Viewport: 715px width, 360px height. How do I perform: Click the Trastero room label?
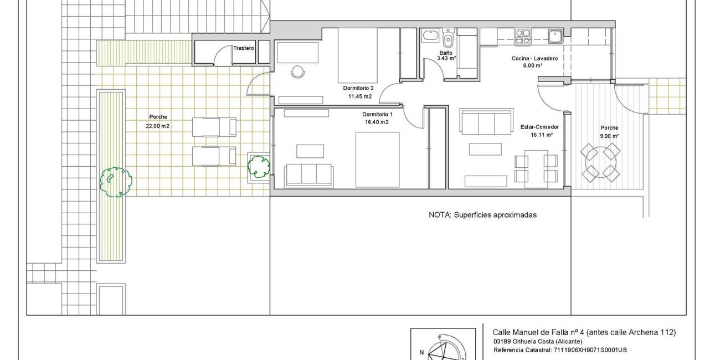coord(244,48)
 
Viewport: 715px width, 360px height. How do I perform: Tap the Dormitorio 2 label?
coord(358,88)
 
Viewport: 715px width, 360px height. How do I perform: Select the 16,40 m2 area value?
coord(377,122)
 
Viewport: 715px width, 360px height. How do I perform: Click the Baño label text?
coord(446,53)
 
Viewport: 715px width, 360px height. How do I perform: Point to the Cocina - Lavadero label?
coord(534,58)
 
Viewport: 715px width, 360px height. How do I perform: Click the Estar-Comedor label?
coord(539,127)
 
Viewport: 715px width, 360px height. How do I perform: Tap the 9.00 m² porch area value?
coord(609,136)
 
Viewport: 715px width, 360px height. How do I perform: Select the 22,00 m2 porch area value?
coord(158,126)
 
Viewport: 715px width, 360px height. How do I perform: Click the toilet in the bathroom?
coord(448,38)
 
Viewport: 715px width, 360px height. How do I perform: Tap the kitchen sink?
coord(555,36)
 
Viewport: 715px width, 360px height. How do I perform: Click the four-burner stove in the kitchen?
coord(522,36)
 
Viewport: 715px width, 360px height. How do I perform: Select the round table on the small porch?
coord(600,162)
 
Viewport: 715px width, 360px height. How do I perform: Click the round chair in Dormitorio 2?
coord(297,72)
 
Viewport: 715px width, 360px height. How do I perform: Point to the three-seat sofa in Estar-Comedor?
coord(486,121)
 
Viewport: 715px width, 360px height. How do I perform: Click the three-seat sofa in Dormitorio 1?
coord(309,175)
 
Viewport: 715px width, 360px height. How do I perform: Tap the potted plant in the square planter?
coord(259,167)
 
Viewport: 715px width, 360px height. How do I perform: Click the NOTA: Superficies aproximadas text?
coord(482,215)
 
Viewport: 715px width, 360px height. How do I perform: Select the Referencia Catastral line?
coord(560,350)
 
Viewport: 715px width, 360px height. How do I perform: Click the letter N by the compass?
coord(421,352)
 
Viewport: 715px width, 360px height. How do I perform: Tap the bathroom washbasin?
coord(430,36)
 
